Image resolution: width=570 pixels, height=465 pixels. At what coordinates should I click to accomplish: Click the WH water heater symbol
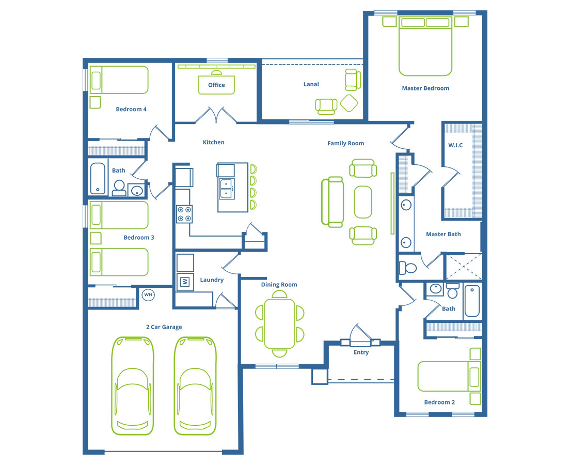[148, 295]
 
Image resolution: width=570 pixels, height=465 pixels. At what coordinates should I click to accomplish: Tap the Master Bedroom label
[425, 88]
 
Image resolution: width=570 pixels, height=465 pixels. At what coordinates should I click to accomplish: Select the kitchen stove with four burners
[184, 214]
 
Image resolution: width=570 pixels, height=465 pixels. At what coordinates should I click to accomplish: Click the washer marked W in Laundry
[185, 282]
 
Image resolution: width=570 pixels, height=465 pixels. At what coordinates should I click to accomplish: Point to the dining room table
[279, 323]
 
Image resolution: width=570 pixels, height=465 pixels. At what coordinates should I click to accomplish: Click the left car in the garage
[132, 385]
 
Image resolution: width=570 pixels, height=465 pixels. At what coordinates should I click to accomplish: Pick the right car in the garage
[195, 385]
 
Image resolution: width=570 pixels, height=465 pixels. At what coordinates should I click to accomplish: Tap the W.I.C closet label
[455, 145]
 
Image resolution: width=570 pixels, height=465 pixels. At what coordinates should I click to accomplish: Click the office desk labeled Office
[216, 85]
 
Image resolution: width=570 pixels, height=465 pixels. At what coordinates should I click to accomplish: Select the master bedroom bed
[425, 46]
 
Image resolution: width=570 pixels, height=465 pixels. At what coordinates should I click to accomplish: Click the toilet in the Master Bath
[407, 268]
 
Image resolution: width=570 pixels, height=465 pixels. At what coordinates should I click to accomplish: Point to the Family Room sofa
[332, 202]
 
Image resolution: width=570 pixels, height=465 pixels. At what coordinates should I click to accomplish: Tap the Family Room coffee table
[363, 202]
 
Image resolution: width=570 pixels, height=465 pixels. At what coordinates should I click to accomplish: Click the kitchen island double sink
[226, 189]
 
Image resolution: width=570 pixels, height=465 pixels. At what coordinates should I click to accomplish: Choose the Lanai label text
[311, 84]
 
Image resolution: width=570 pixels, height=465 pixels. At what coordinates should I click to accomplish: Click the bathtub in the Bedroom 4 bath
[98, 178]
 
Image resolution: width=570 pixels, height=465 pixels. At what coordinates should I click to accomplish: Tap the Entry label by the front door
[361, 352]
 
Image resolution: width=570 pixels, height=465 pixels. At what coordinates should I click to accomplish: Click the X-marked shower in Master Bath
[464, 267]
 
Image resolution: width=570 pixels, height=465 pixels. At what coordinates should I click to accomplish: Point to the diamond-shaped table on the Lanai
[349, 103]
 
